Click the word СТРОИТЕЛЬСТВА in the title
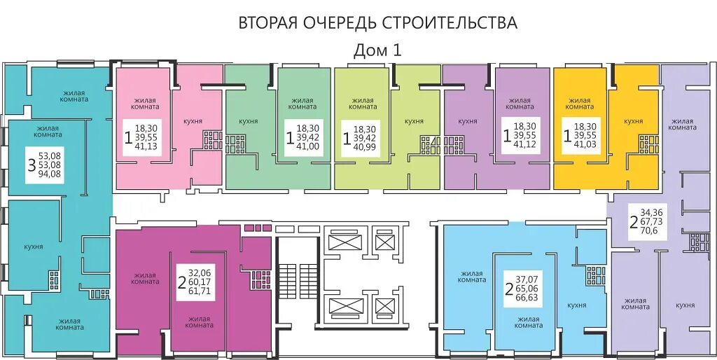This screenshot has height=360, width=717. click(x=449, y=23)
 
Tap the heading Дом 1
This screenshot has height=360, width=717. click(x=377, y=50)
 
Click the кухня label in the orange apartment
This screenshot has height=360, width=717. click(x=633, y=121)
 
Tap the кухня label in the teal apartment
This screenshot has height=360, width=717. click(x=34, y=246)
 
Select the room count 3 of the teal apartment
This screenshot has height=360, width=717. click(x=32, y=165)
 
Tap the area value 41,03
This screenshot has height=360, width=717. click(x=585, y=146)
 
